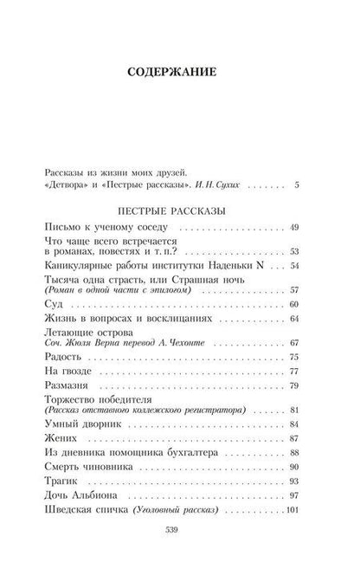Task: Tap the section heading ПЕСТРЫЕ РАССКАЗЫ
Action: point(180,210)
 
